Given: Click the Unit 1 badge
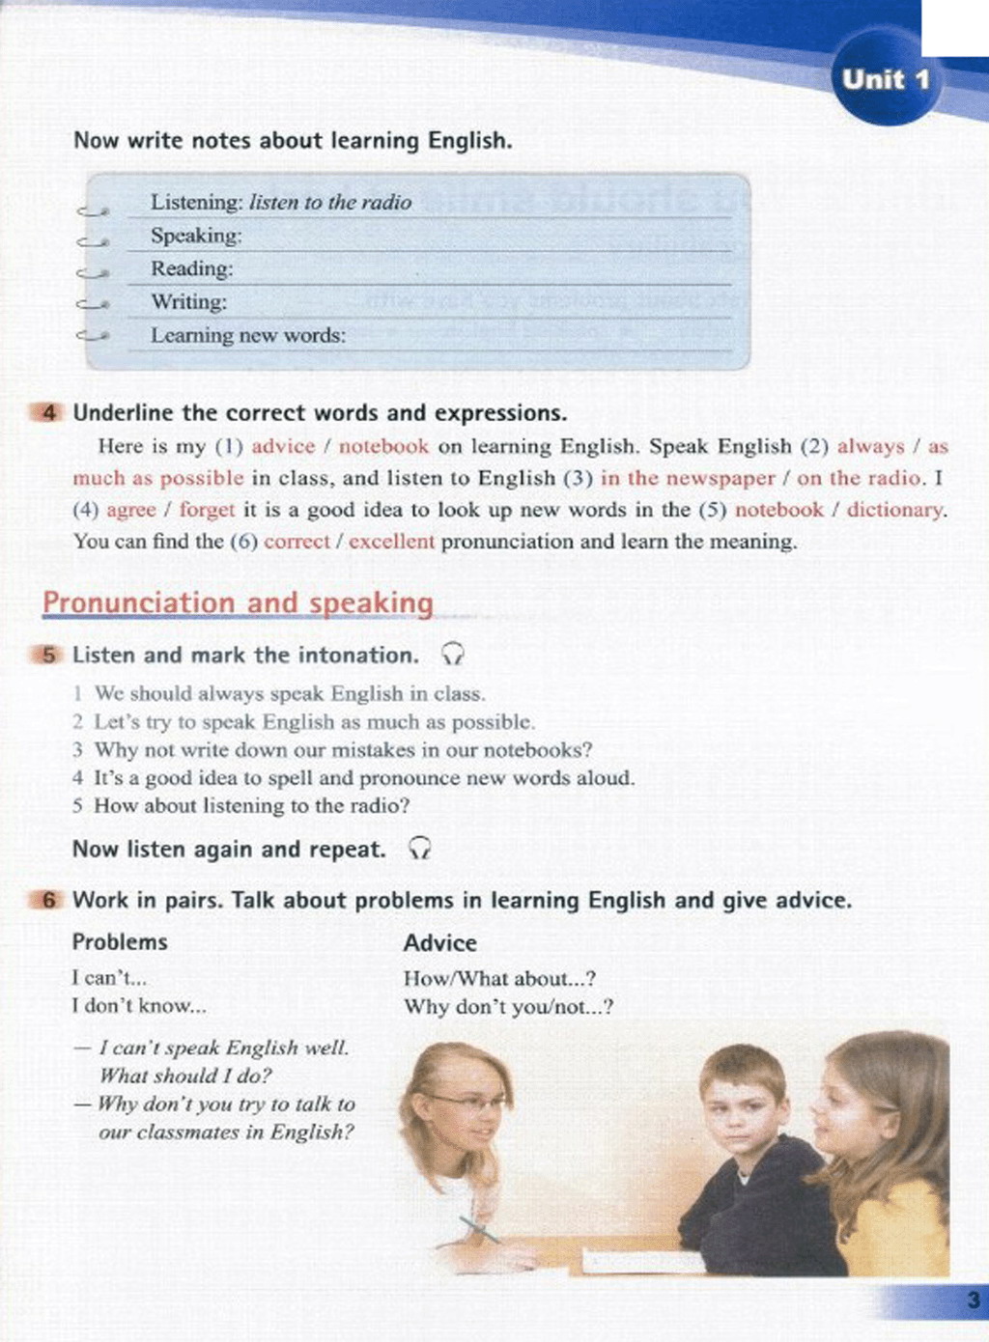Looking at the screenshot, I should (x=885, y=79).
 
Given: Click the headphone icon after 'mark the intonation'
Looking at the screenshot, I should (x=452, y=656).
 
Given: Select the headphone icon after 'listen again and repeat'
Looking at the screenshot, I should (x=419, y=850).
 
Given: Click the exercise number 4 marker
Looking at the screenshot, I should (x=48, y=413).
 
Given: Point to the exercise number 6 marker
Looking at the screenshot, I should (x=48, y=901).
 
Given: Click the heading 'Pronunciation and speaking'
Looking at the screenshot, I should (x=238, y=602).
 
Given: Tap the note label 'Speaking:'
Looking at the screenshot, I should (x=196, y=236).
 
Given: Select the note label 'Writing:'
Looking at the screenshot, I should (x=188, y=302).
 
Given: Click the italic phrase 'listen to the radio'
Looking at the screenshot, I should (x=330, y=203).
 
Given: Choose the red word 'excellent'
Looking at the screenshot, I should (x=391, y=542).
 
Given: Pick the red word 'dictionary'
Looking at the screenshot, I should (x=894, y=510).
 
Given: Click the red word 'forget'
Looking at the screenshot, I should (x=207, y=510).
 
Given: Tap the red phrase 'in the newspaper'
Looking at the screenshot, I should (x=688, y=478).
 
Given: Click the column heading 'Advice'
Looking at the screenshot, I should (x=439, y=943).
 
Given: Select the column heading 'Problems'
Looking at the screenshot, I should (x=120, y=942).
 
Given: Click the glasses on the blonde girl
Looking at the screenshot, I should (x=468, y=1101).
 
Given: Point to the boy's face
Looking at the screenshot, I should (x=741, y=1111).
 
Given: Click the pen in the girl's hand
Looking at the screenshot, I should (x=479, y=1228).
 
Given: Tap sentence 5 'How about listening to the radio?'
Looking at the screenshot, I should (x=251, y=806).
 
